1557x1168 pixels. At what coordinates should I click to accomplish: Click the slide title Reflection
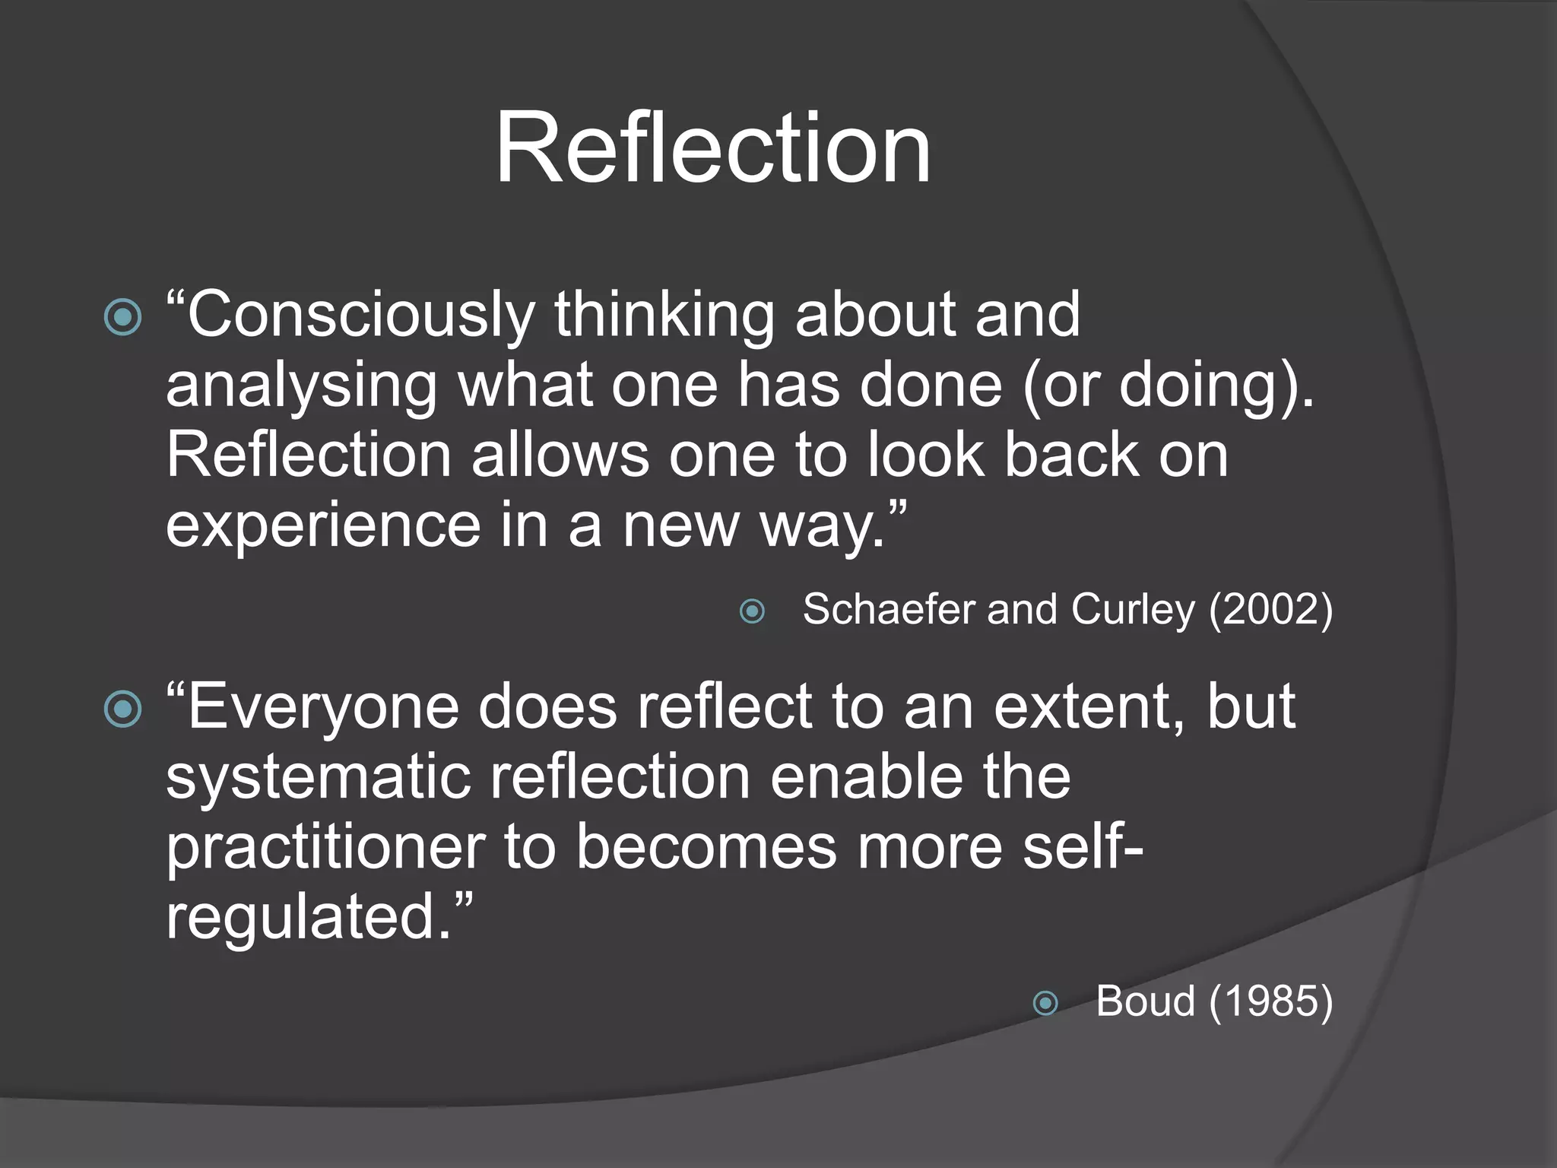click(712, 148)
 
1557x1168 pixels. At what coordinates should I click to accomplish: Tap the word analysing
click(301, 386)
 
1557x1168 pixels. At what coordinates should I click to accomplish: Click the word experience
click(323, 526)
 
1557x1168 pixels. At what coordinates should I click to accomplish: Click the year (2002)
click(1270, 610)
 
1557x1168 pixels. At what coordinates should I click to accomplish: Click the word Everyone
click(324, 707)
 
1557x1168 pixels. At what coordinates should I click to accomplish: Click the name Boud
click(1145, 1001)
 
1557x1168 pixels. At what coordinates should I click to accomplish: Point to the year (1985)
click(1270, 1001)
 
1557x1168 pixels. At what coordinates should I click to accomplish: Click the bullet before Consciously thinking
click(123, 317)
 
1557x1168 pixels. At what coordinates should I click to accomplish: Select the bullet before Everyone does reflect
click(123, 709)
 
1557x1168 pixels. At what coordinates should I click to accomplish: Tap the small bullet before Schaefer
click(752, 611)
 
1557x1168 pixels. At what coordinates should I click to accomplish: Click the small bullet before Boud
click(1045, 1004)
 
